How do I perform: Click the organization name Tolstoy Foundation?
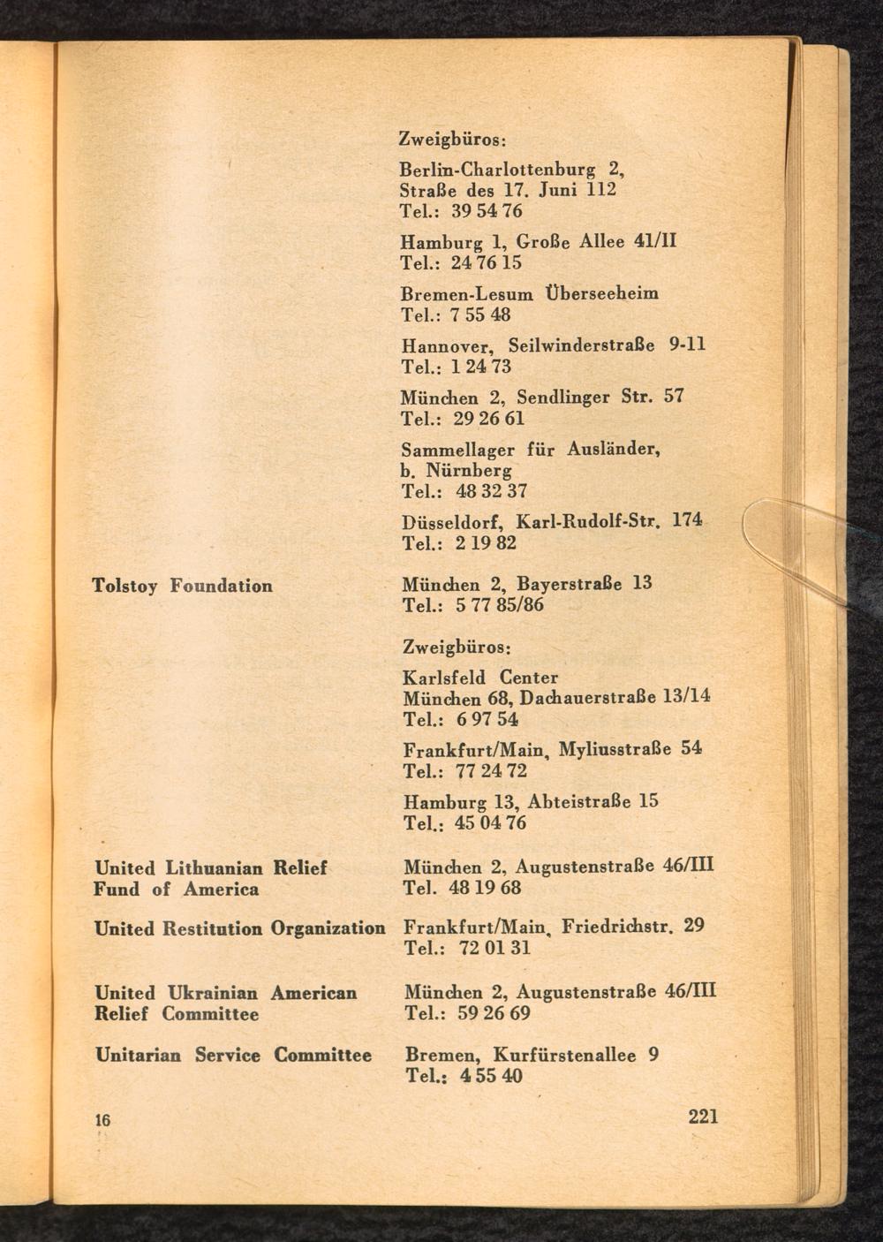[x=183, y=586]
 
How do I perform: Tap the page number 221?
[x=703, y=1116]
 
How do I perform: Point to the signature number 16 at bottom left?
[x=102, y=1120]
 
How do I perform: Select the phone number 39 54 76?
[x=487, y=211]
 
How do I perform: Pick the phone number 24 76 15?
[x=487, y=262]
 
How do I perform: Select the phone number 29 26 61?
[x=489, y=418]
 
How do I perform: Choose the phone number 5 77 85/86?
[x=500, y=605]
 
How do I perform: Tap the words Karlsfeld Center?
[x=480, y=678]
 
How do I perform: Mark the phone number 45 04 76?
[x=490, y=823]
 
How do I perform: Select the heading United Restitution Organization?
[x=239, y=928]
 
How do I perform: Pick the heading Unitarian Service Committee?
[x=233, y=1055]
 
